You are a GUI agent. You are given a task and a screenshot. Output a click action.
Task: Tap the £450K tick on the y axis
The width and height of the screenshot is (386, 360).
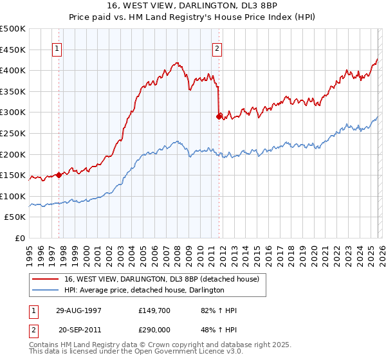click(13, 50)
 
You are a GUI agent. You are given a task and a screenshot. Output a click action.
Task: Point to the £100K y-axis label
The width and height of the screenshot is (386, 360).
click(13, 196)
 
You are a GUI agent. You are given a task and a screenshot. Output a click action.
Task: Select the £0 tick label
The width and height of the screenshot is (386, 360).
click(20, 239)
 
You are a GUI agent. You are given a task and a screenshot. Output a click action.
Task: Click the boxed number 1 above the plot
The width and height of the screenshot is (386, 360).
click(58, 48)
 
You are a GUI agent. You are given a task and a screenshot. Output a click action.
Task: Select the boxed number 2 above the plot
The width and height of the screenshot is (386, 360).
click(217, 48)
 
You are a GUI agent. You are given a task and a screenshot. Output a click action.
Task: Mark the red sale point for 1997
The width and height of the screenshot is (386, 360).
click(59, 174)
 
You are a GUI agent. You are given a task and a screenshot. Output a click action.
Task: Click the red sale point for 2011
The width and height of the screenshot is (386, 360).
click(219, 116)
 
